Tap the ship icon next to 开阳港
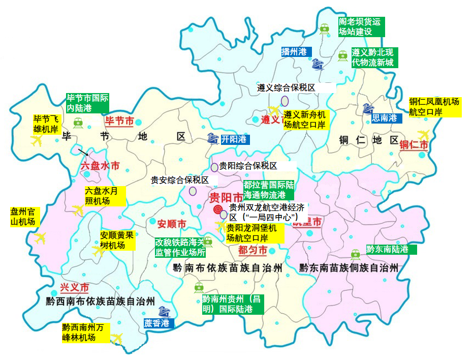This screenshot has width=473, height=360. tap(213, 138)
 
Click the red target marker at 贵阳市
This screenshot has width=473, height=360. tap(217, 209)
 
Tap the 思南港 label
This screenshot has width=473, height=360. tap(387, 118)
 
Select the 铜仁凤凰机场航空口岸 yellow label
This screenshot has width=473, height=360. tap(435, 107)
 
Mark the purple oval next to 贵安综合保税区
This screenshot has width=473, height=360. tap(193, 191)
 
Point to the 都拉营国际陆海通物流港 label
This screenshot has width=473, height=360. tap(268, 189)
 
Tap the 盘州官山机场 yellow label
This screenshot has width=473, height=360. tap(24, 217)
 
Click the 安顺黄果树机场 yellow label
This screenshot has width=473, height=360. tap(117, 240)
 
